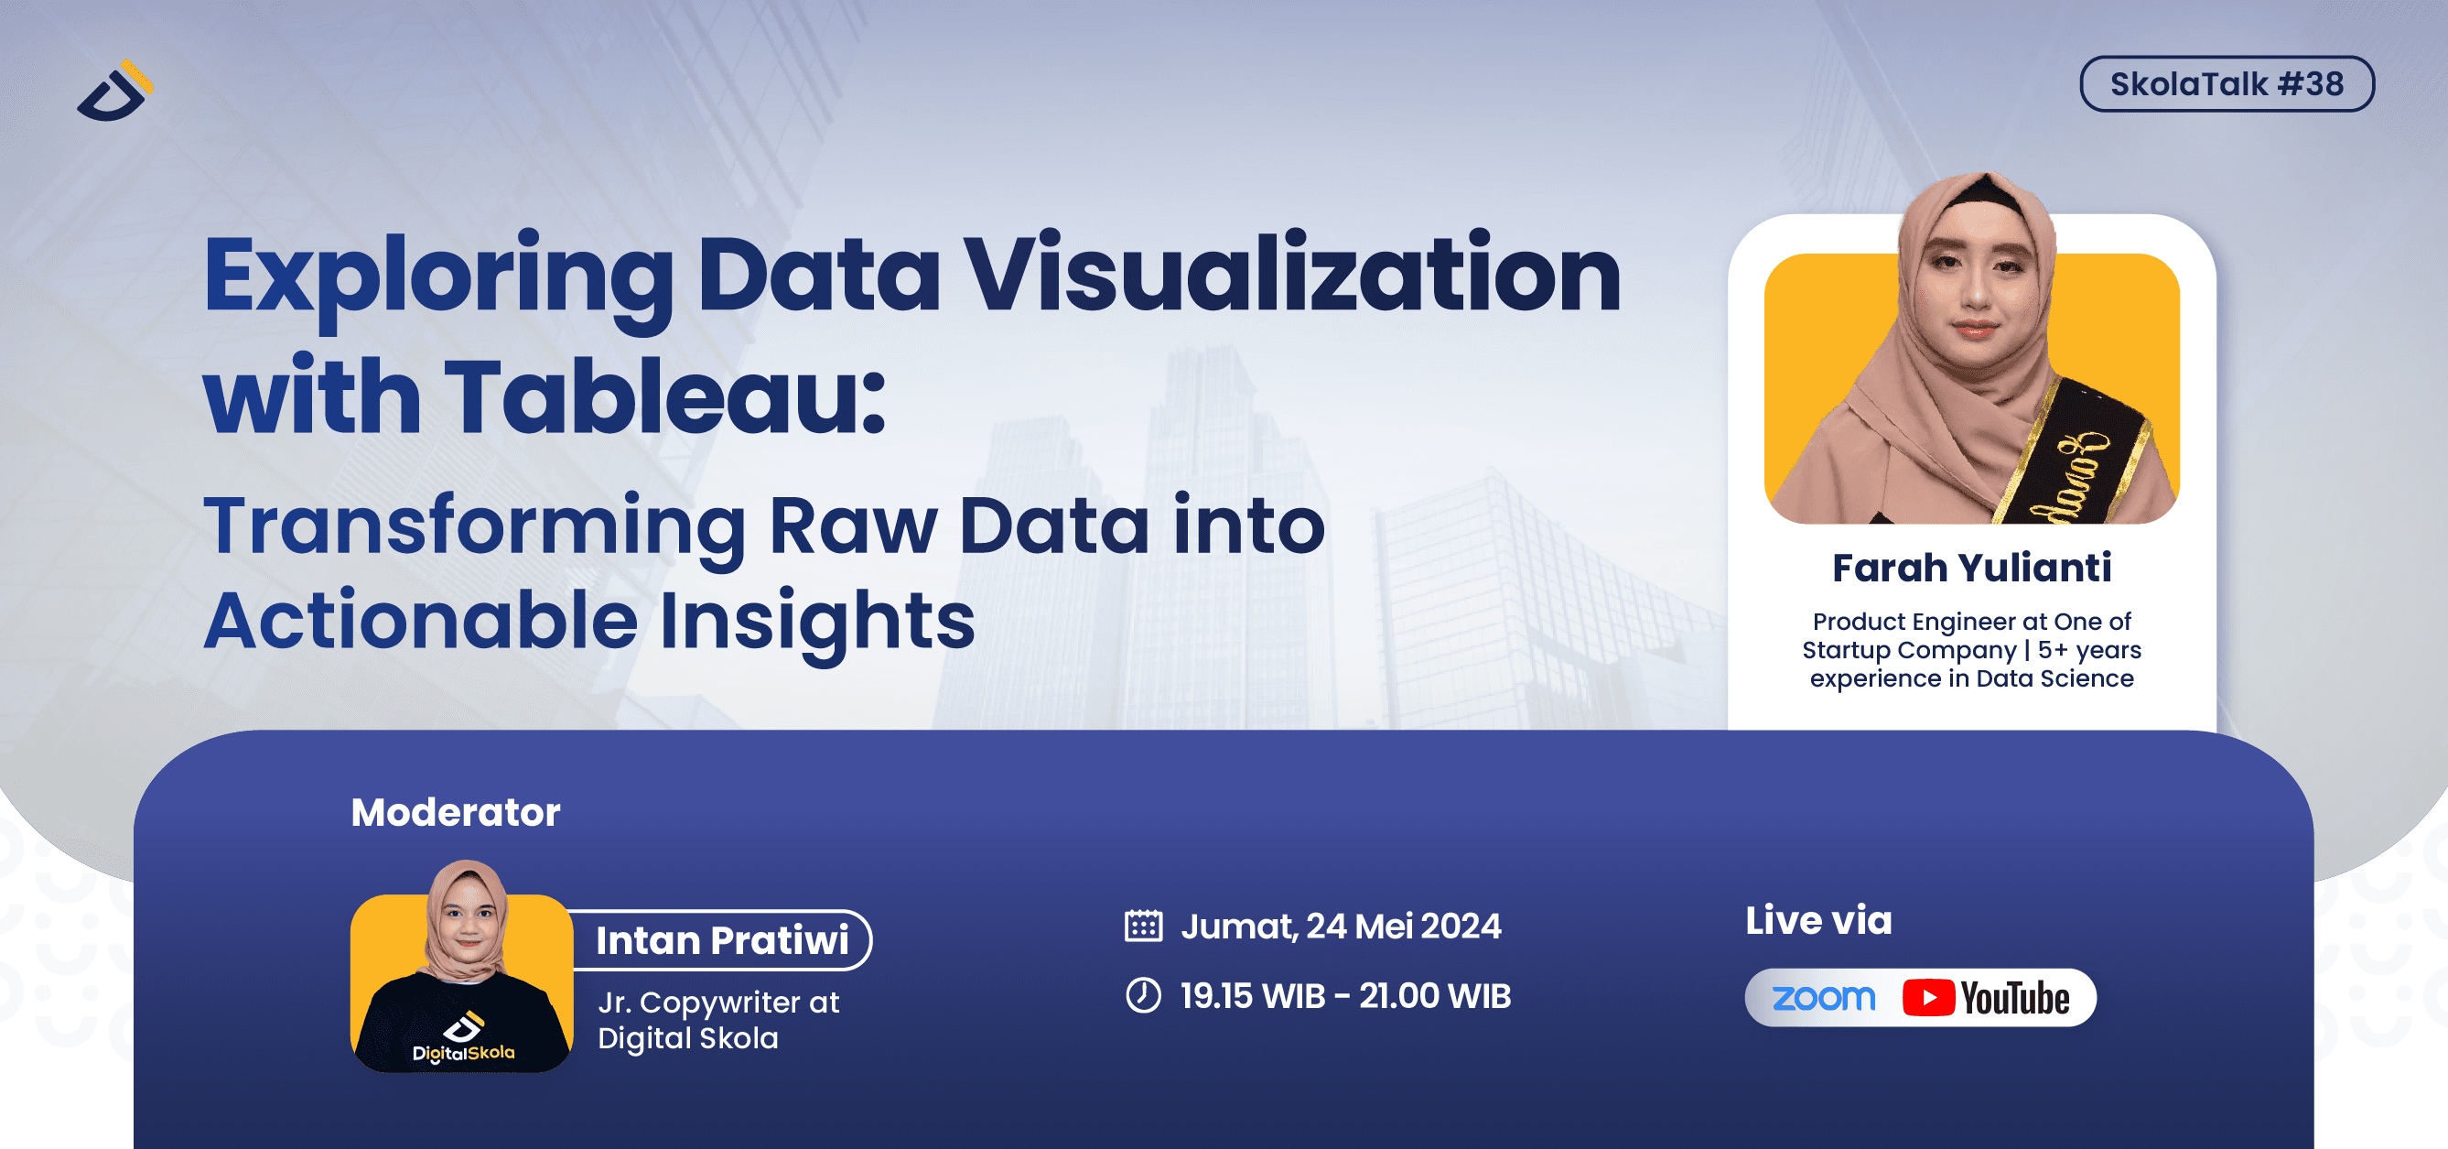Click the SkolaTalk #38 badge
2226,83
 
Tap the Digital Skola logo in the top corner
115,92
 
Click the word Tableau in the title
665,396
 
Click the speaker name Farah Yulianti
1972,568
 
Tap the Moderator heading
455,813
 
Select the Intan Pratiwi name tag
722,940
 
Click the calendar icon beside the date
1143,926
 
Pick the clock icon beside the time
1143,995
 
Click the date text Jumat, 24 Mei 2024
1341,926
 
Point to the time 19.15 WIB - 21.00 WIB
1344,996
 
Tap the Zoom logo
1824,998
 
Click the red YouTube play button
1928,998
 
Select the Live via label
1818,920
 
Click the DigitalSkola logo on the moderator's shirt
463,1039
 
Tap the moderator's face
468,920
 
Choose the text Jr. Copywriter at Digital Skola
718,1020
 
